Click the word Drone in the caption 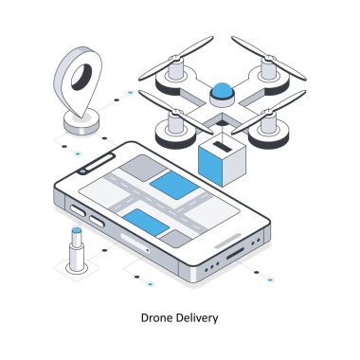coord(156,319)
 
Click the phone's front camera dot coord(83,171)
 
